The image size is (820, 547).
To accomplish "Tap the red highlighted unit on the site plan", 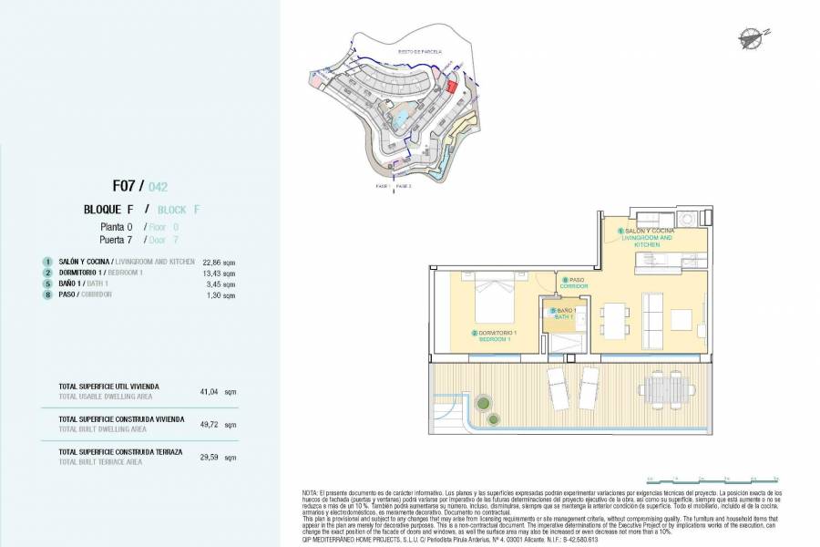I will click(450, 87).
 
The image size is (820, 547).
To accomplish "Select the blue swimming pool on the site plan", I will click(400, 119).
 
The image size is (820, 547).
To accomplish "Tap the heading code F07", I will click(126, 186).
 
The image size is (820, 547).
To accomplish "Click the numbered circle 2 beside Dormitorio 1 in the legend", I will click(46, 273).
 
